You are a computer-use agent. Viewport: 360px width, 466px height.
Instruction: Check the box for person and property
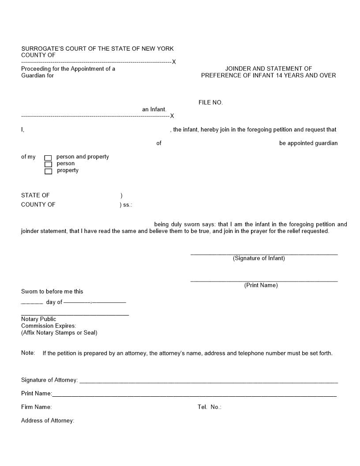point(48,158)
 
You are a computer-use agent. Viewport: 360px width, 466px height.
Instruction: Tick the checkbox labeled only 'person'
point(48,165)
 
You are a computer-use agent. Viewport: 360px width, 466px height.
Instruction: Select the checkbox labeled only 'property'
point(48,171)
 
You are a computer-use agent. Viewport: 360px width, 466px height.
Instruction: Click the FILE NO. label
point(210,102)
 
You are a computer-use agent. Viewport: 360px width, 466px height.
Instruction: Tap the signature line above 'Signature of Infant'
point(264,254)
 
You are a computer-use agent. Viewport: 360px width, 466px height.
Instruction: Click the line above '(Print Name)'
point(264,281)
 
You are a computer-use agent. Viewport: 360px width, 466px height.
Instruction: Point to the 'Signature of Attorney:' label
point(49,380)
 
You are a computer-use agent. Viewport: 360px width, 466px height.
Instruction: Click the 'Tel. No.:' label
point(209,407)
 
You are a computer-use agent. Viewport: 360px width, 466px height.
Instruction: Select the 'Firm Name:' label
point(36,407)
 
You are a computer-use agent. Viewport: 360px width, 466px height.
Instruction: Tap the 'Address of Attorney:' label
point(48,421)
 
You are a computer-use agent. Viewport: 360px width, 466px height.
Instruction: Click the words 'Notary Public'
point(39,319)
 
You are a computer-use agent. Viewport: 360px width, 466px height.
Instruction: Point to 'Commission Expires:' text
point(49,326)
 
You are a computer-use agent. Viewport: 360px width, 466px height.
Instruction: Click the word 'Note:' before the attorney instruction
point(28,353)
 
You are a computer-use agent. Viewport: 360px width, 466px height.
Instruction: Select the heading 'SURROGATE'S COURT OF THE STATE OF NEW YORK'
point(97,49)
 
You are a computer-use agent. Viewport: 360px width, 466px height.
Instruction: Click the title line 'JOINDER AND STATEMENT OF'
point(268,68)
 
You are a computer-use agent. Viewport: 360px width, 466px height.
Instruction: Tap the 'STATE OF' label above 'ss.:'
point(35,195)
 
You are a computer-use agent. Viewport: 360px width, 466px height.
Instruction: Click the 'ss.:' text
point(127,205)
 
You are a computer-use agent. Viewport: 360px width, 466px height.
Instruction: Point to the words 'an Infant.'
point(154,109)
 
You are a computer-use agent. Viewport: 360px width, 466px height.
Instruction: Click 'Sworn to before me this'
point(52,291)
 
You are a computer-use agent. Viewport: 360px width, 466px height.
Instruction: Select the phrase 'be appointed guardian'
point(308,143)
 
